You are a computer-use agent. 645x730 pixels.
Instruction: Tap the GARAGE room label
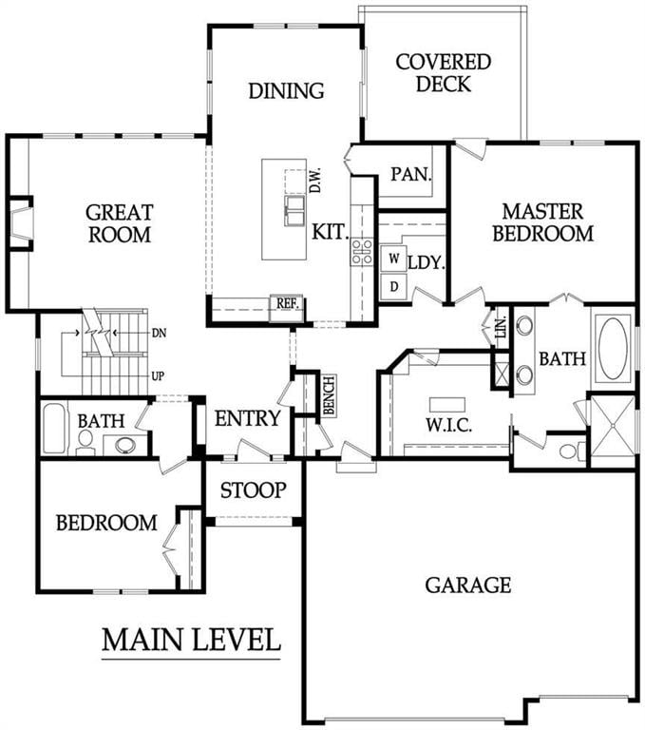coord(468,584)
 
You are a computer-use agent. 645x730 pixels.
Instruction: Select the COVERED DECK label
coord(444,73)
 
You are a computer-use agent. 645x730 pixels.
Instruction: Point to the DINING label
coord(287,91)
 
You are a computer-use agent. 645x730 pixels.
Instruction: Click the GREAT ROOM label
coord(120,222)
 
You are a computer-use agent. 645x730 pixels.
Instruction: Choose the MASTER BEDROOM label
coord(547,221)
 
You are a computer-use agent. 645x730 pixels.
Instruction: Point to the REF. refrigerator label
coord(287,303)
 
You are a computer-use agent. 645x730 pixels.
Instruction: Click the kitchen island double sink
coord(294,208)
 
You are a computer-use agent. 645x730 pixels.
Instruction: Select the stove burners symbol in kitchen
coord(362,251)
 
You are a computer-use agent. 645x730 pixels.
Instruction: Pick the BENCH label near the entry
coord(328,393)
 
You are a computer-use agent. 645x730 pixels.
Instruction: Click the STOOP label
coord(254,490)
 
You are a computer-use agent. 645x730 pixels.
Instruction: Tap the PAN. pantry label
coord(412,175)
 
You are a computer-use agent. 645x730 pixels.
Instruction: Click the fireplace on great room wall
coord(21,222)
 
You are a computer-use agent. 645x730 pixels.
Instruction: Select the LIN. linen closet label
coord(501,329)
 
